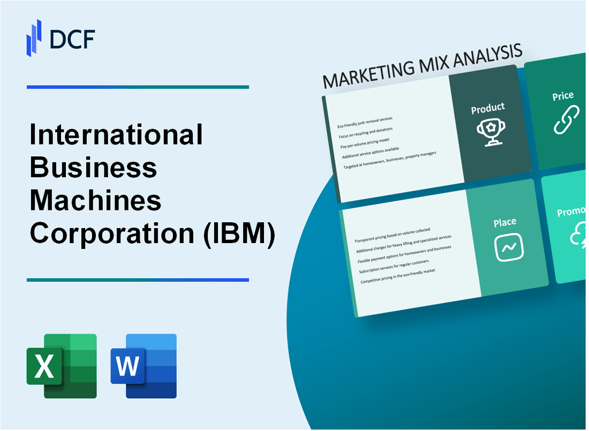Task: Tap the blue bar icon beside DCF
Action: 34,37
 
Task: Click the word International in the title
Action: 116,134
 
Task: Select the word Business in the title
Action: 94,168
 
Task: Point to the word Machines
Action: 95,201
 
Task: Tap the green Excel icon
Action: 62,366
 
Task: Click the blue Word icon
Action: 144,366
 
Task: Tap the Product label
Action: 487,108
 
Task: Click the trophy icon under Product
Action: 488,132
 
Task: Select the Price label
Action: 563,96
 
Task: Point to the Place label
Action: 505,222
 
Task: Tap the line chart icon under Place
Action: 509,248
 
